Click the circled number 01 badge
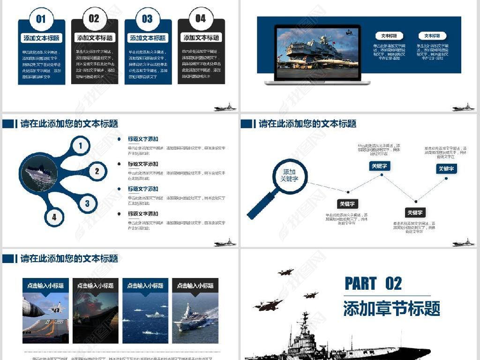[41, 19]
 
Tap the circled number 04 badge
[201, 19]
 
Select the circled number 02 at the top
[94, 19]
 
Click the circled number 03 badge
[147, 19]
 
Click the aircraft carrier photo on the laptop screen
[317, 52]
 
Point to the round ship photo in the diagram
[39, 174]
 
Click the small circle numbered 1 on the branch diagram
[81, 146]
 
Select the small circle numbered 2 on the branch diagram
[97, 171]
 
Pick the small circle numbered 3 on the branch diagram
[87, 204]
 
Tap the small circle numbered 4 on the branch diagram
[54, 217]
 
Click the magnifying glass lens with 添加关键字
[290, 176]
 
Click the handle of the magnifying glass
[261, 206]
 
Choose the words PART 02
[373, 284]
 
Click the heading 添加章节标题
[391, 309]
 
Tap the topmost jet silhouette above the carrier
[285, 272]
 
